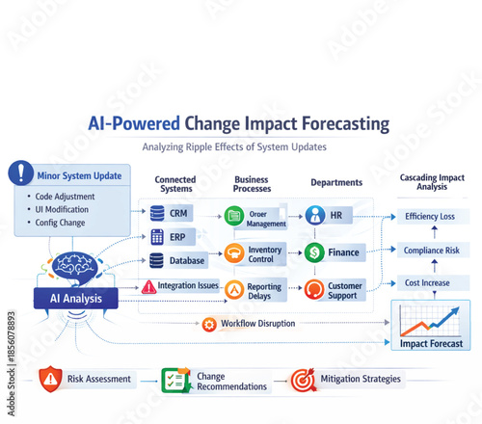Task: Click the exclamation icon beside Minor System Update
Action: click(x=20, y=173)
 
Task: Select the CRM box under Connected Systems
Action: click(x=170, y=213)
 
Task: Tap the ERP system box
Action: click(x=170, y=237)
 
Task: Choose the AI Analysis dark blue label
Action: click(x=76, y=299)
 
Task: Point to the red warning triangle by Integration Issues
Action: click(x=149, y=286)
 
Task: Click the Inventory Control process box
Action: click(x=255, y=254)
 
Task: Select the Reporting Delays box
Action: click(x=255, y=290)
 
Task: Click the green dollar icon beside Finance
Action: click(x=315, y=253)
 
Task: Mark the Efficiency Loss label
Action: click(x=430, y=217)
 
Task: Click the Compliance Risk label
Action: click(x=430, y=251)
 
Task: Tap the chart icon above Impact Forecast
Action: click(x=430, y=318)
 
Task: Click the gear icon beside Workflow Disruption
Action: click(x=209, y=324)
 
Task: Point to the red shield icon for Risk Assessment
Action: click(x=50, y=379)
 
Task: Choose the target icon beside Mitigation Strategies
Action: click(x=302, y=379)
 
